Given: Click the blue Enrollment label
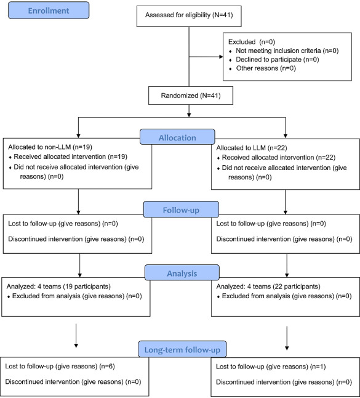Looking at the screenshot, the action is [x=49, y=10].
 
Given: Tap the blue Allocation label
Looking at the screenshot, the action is [x=177, y=137].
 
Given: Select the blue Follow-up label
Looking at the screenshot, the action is [x=181, y=209].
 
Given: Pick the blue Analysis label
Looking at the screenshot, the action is [x=182, y=273].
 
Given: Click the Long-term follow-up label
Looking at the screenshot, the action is [x=182, y=349].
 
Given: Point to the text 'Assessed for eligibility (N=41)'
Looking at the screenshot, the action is [x=189, y=15].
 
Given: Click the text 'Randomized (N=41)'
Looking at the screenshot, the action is [x=191, y=95].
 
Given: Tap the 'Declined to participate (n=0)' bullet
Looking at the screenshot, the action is [x=274, y=59].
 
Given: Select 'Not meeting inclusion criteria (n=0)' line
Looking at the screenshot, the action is [x=284, y=51].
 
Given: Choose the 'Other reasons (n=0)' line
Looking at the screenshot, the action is [x=262, y=68].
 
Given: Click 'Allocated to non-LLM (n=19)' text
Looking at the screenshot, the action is [x=50, y=147].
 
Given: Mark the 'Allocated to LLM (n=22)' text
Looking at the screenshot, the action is [x=252, y=148].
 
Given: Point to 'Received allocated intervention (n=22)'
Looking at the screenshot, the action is [x=276, y=157].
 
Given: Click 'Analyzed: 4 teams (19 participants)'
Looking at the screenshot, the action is [x=58, y=286].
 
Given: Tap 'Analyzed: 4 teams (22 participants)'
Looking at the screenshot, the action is [x=268, y=286].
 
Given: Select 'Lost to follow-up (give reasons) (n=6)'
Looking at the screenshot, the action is [x=60, y=366].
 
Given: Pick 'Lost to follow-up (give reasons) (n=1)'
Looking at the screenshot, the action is [x=271, y=367].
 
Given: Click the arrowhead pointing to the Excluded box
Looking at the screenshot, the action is [x=221, y=57].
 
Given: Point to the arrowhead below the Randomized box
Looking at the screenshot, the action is [x=189, y=115].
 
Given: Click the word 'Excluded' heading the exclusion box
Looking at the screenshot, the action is [x=242, y=42].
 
